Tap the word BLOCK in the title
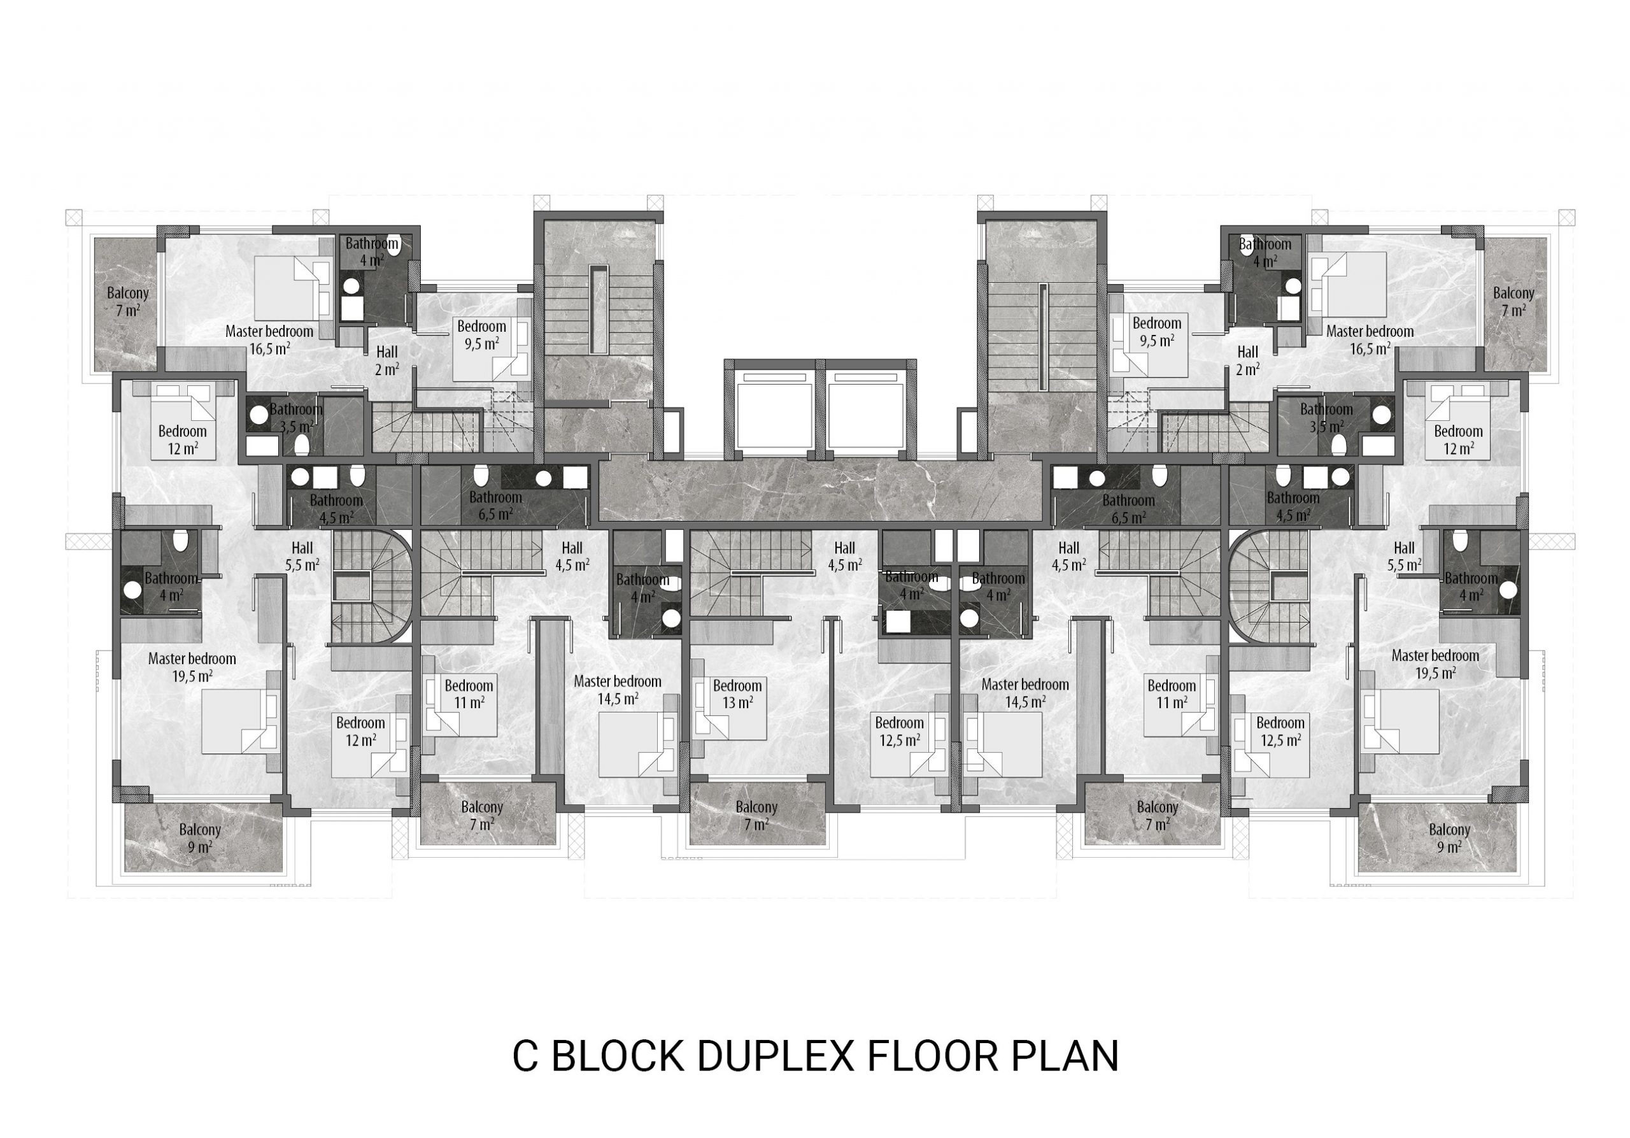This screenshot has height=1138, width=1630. [x=617, y=1056]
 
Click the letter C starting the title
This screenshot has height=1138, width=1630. [x=525, y=1056]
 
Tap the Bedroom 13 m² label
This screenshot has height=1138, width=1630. [x=737, y=694]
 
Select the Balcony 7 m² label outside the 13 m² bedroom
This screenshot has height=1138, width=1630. [x=756, y=815]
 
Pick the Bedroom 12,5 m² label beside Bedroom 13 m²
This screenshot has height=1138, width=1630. [x=899, y=731]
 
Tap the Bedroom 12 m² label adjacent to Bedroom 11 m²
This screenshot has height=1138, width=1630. [x=360, y=731]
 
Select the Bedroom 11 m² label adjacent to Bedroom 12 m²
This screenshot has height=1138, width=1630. [x=469, y=694]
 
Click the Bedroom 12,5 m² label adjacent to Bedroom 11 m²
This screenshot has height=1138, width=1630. [x=1280, y=731]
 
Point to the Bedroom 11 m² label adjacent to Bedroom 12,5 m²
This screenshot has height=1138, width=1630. [x=1172, y=694]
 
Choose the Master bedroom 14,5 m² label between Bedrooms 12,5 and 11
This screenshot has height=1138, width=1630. [x=1025, y=693]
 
